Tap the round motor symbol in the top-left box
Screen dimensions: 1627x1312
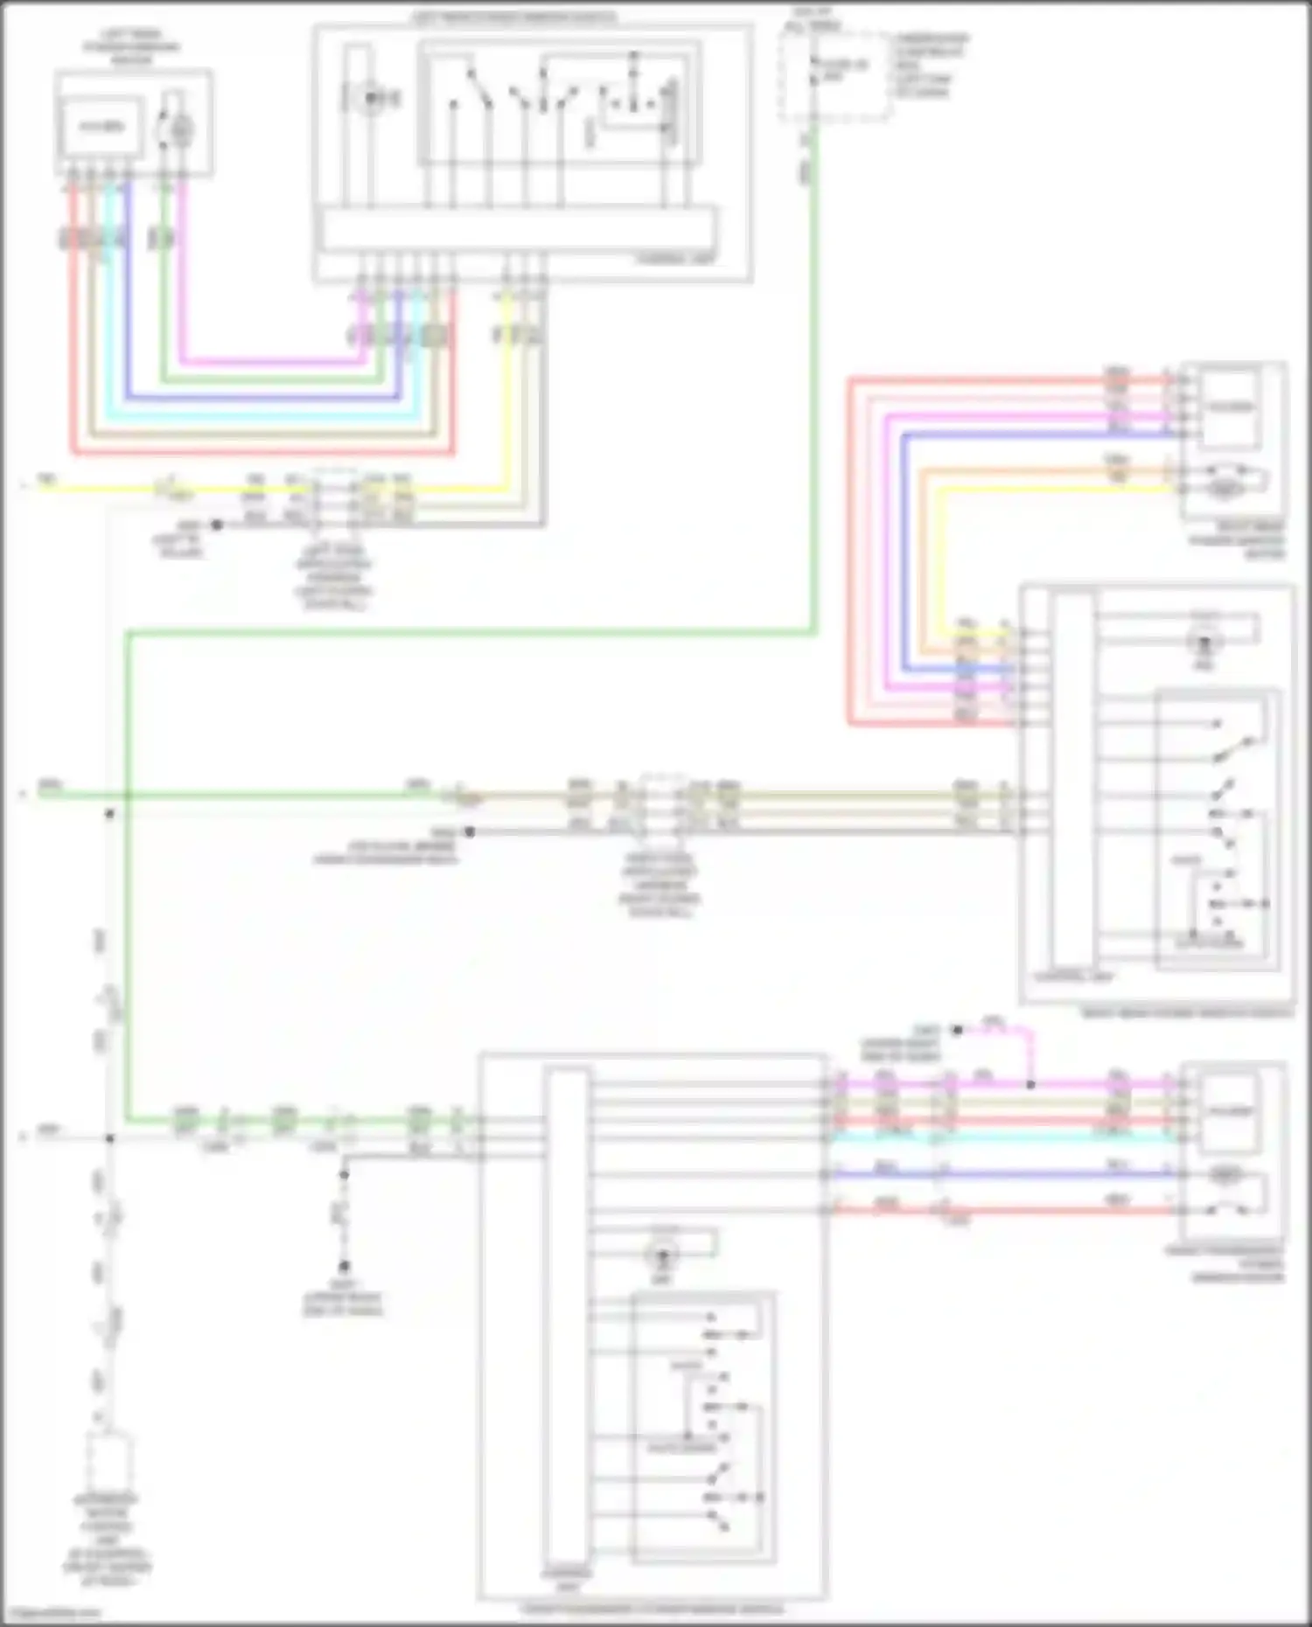(x=179, y=129)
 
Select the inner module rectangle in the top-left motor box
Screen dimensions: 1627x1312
(x=101, y=128)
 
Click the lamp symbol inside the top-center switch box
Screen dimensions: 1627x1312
(x=371, y=99)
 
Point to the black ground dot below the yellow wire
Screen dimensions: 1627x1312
(x=216, y=525)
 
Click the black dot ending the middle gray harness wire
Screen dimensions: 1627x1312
(x=470, y=831)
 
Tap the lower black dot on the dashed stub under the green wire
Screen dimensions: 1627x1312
(x=345, y=1266)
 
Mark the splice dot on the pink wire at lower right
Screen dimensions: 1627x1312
(x=1030, y=1085)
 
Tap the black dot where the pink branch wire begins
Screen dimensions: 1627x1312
(x=957, y=1031)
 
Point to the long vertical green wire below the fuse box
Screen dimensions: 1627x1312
(x=813, y=393)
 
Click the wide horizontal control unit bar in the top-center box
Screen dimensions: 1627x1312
(x=518, y=229)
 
